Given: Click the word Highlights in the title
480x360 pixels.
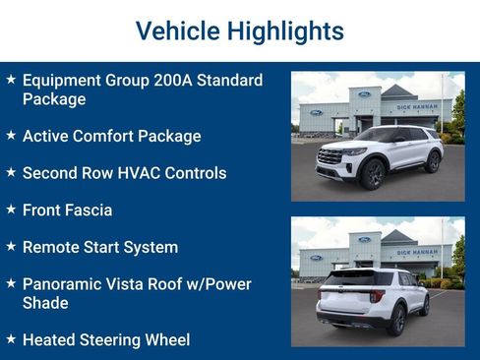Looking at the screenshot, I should coord(284,31).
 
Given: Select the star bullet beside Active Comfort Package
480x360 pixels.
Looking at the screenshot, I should coord(11,135).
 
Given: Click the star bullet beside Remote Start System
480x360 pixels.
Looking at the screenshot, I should coord(11,246).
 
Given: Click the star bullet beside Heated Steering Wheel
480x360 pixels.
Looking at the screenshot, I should coord(11,339).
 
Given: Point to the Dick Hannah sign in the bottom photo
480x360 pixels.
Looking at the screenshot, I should coord(417,252).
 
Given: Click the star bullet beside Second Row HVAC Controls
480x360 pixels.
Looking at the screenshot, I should coord(11,172).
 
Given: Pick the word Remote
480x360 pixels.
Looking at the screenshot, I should coord(51,247).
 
